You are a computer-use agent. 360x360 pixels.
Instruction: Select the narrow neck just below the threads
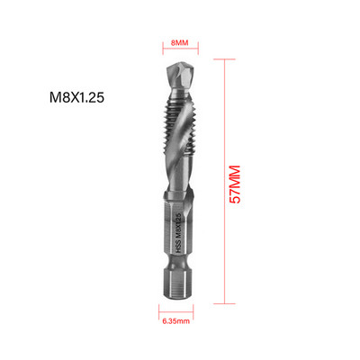click(180, 184)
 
